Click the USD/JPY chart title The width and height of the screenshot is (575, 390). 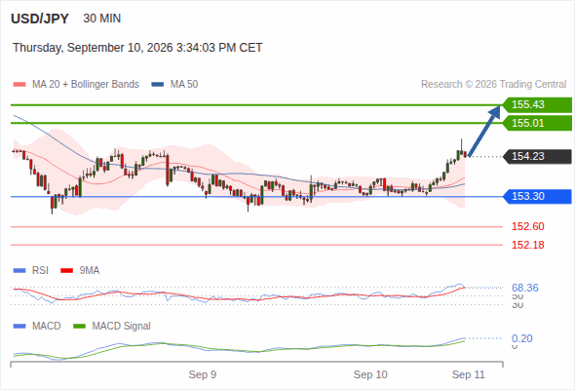[x=40, y=19]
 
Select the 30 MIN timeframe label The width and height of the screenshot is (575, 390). [x=102, y=19]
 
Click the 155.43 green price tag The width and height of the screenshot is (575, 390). [x=537, y=105]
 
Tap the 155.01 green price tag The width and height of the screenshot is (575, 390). [x=537, y=123]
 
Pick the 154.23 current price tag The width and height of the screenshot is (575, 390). [x=537, y=157]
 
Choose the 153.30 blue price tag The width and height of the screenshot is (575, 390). [x=537, y=197]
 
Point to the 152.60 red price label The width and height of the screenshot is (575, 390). [x=527, y=226]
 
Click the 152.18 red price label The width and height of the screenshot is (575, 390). [x=527, y=245]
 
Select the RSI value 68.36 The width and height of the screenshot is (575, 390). [x=525, y=288]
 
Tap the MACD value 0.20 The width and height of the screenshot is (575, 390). [x=521, y=338]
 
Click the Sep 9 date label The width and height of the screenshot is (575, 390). [x=203, y=374]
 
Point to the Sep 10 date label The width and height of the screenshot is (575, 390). [x=370, y=374]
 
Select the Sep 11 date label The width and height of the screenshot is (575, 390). [x=469, y=374]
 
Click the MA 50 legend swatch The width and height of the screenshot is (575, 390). [x=158, y=85]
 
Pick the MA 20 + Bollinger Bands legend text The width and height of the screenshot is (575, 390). [x=86, y=85]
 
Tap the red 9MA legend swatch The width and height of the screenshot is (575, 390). [x=66, y=271]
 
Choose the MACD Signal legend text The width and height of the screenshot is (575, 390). [x=122, y=326]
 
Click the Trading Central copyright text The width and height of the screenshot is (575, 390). [x=493, y=85]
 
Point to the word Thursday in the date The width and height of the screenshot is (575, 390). [x=37, y=48]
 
